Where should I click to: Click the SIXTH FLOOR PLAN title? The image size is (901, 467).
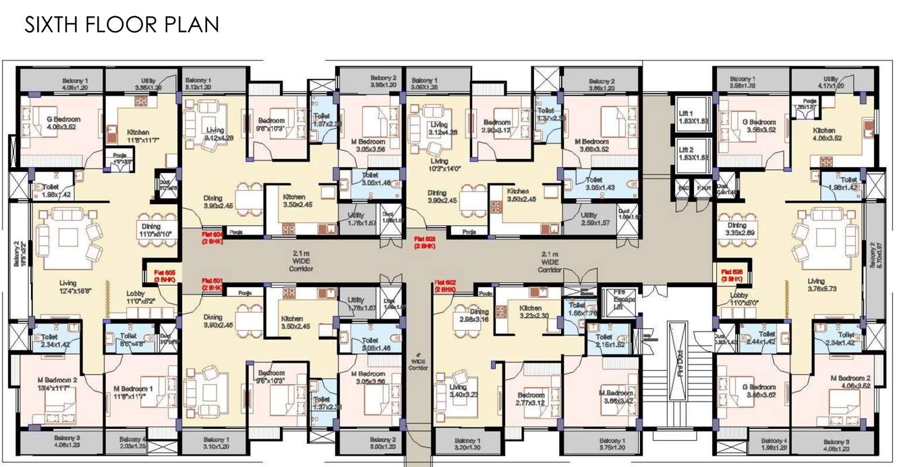pos(122,25)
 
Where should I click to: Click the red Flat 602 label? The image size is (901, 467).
pos(446,285)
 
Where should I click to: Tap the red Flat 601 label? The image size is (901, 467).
pos(212,283)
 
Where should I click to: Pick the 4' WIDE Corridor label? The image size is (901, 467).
pos(419,361)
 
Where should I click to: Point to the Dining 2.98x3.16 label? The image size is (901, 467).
pos(475,315)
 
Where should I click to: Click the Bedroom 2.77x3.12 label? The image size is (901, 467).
pos(531,398)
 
